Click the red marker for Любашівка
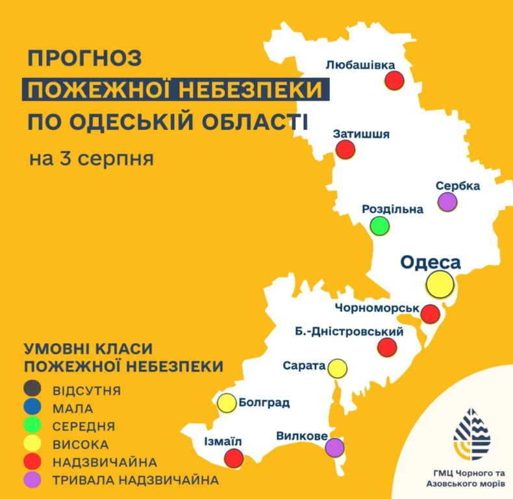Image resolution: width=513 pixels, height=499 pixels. click(x=394, y=81)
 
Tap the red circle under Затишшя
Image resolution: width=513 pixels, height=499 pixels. click(x=345, y=150)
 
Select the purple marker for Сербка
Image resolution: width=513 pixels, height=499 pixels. click(x=447, y=202)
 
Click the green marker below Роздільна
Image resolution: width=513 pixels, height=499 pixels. click(x=380, y=226)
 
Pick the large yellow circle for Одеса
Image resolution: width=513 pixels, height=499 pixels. click(x=440, y=284)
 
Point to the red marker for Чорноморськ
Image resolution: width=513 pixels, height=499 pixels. click(x=430, y=314)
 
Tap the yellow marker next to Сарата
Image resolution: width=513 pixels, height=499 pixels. click(x=336, y=368)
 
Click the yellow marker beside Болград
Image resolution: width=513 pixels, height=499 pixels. click(x=227, y=403)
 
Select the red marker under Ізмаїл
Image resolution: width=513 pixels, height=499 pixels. click(x=233, y=459)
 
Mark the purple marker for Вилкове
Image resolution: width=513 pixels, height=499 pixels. click(x=334, y=447)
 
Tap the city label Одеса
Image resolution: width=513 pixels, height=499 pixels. click(x=430, y=262)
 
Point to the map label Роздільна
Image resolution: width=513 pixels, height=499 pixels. click(x=392, y=209)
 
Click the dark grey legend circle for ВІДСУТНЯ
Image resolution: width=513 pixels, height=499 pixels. click(x=31, y=390)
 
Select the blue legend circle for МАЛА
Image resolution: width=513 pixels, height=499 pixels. click(x=31, y=408)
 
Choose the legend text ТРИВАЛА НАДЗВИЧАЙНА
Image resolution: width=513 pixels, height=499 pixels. click(x=134, y=480)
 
